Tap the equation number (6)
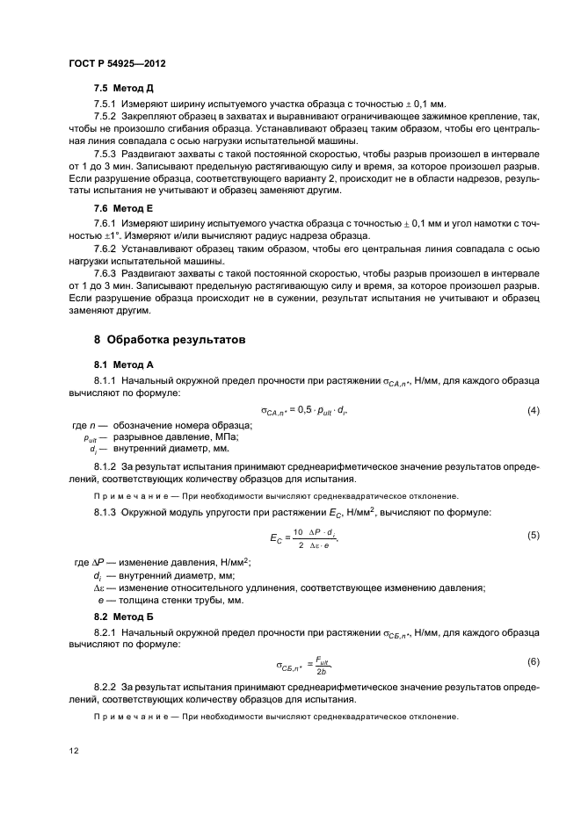click(533, 660)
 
